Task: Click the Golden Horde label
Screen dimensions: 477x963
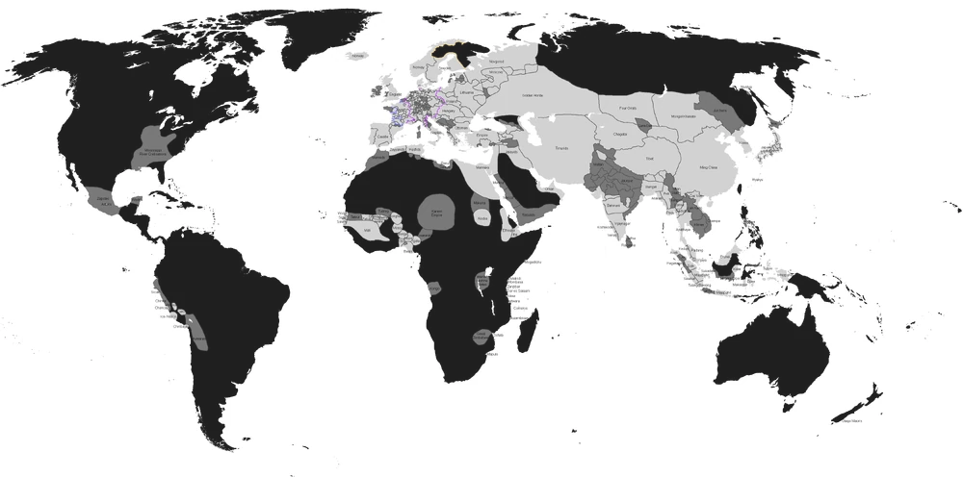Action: point(534,94)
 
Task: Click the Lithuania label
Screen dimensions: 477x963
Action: point(468,92)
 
